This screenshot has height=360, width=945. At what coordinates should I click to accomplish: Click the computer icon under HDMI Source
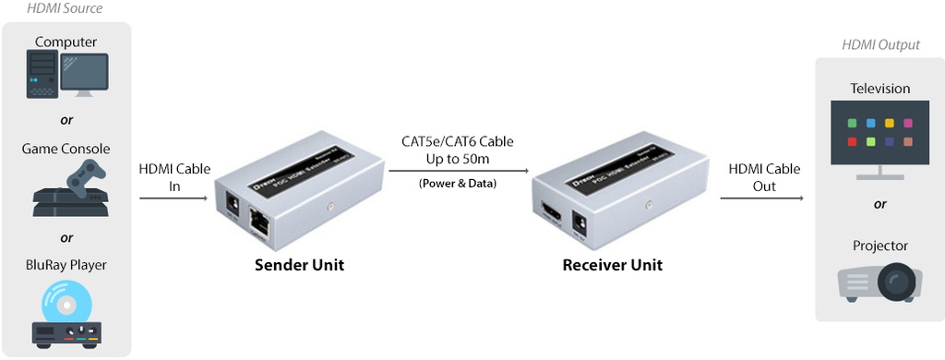pos(66,75)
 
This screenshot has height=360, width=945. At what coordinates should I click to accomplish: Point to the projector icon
pos(879,282)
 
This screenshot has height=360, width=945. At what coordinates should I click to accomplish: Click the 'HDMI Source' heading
pos(65,9)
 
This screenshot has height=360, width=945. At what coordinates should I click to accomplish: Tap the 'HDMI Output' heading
pos(880,44)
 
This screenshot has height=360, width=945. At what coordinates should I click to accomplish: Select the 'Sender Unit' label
pos(299,266)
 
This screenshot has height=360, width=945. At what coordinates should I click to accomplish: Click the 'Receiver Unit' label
pos(612,266)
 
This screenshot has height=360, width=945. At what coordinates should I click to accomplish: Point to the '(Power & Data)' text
pos(457,183)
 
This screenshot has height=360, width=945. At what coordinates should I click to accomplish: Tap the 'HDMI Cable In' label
pos(173,178)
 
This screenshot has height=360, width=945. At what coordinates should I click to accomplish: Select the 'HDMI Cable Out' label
pos(763,177)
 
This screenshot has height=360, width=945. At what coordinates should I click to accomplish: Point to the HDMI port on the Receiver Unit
pos(550,216)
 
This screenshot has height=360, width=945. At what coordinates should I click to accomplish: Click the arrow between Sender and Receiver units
pos(458,171)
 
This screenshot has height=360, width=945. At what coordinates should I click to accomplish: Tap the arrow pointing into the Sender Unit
pos(173,198)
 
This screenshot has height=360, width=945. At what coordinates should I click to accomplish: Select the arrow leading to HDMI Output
pos(762,198)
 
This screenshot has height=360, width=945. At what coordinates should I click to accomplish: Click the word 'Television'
pos(879,89)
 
